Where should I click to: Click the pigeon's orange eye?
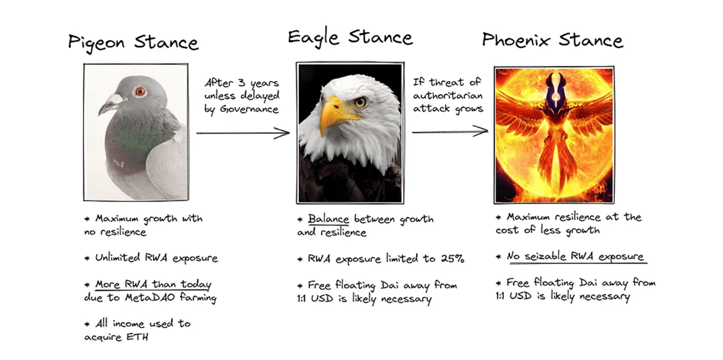coord(140,92)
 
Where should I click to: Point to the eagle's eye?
coord(360,102)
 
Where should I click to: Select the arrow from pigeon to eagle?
coord(243,133)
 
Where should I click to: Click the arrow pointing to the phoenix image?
coord(450,131)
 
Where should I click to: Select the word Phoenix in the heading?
coord(516,40)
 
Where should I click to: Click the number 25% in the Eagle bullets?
coord(453,258)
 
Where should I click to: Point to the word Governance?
coord(249,109)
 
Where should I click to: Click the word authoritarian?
coord(448,96)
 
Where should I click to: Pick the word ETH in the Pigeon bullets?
coord(137,337)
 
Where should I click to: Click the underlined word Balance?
coord(329,219)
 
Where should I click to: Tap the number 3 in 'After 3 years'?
coord(241,83)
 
